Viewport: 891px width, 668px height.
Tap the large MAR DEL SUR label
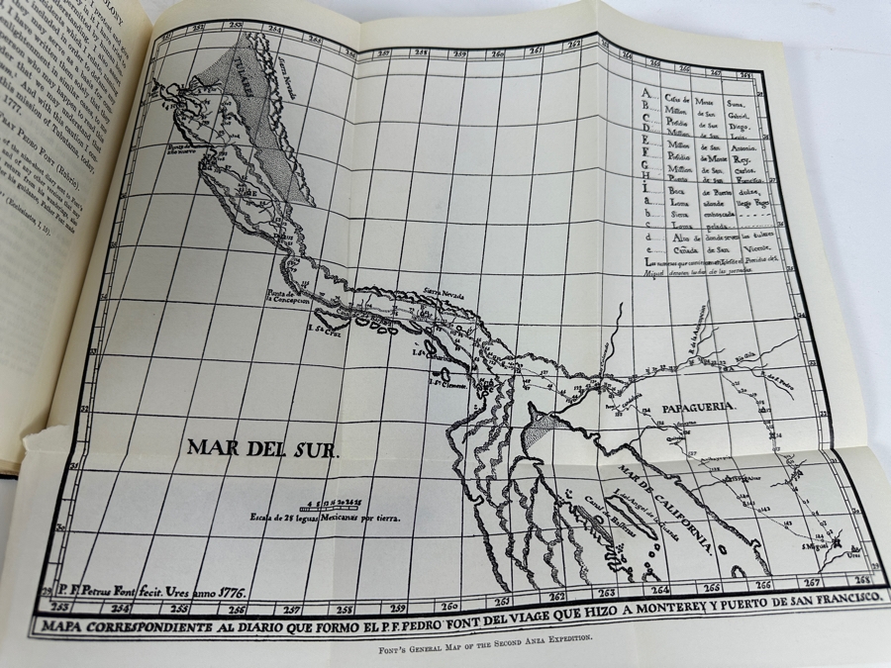click(x=261, y=450)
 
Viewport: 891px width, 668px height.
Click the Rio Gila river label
click(x=742, y=353)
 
